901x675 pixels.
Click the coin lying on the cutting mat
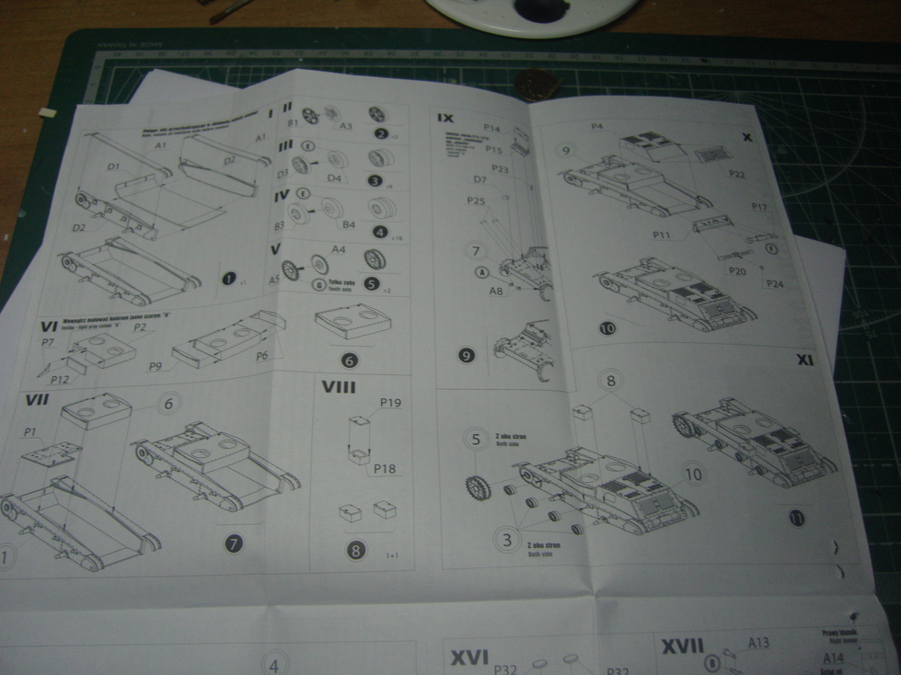[x=535, y=85]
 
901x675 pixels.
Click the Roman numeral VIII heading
[x=339, y=387]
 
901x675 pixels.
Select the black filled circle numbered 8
[x=356, y=551]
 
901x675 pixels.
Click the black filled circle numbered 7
[x=235, y=543]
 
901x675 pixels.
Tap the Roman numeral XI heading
[x=805, y=360]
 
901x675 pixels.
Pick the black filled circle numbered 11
[x=795, y=518]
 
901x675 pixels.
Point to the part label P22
[x=736, y=174]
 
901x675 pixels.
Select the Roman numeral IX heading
[x=445, y=118]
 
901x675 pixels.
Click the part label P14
[x=491, y=129]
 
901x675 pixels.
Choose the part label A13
[x=758, y=643]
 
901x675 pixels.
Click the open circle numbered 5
[x=476, y=440]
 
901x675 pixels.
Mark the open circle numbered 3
[x=505, y=540]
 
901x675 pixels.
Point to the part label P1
[x=30, y=432]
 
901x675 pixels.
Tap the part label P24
[x=774, y=283]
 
